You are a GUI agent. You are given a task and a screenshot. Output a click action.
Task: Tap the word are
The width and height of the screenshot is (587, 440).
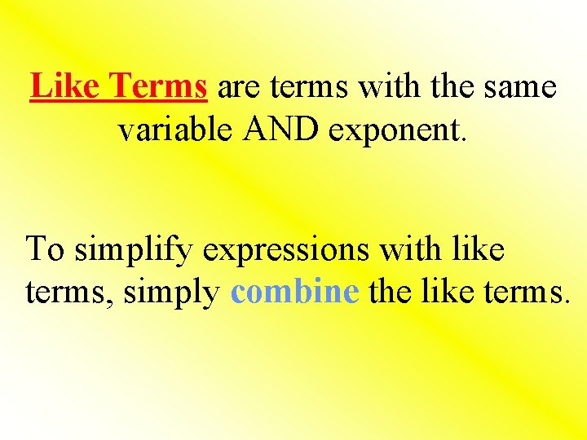[x=236, y=87]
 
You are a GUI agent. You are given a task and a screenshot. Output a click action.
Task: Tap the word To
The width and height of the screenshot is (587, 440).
[x=46, y=249]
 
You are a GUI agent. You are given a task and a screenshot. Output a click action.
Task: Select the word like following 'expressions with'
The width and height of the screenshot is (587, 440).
[x=477, y=249]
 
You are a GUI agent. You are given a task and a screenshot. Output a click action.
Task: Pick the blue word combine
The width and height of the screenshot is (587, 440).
[x=295, y=292]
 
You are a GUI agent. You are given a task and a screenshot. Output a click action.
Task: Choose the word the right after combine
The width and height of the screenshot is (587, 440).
[x=390, y=292]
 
